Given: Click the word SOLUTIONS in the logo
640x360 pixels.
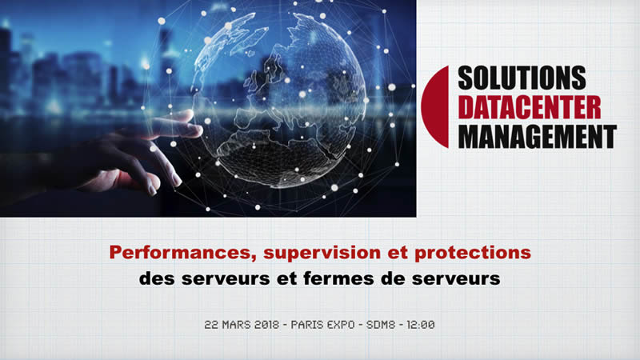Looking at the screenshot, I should [522, 79].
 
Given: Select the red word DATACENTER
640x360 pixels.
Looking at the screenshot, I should [529, 107].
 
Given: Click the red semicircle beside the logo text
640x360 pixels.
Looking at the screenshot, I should [436, 107].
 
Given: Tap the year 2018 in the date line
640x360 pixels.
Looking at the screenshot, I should [263, 326].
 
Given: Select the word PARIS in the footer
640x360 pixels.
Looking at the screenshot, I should [308, 326].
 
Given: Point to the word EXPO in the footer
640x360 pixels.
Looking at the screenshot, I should [345, 326].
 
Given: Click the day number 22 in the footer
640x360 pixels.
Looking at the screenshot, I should [210, 326].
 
